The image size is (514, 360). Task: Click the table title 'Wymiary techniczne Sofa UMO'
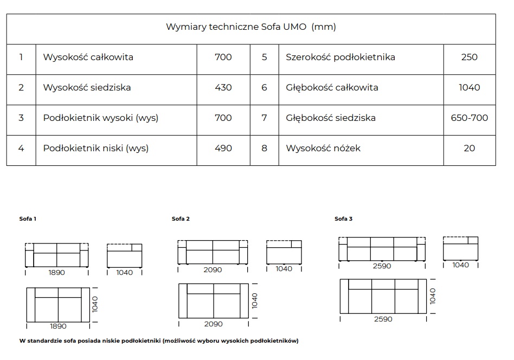tap(236, 27)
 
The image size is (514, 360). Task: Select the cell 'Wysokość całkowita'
tap(88, 57)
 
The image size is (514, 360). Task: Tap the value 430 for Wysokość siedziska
tap(223, 87)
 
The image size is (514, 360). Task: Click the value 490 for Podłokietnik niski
tap(223, 148)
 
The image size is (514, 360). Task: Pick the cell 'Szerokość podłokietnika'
tap(340, 57)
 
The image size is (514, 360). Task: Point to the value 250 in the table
tap(470, 57)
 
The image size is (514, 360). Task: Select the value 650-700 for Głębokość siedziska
tap(470, 118)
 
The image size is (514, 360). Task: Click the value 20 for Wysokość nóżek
tap(470, 148)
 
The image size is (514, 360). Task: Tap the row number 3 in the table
tap(21, 118)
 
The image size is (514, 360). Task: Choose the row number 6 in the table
tap(264, 87)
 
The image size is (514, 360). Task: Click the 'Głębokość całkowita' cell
tap(332, 87)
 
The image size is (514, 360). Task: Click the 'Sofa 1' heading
tap(28, 218)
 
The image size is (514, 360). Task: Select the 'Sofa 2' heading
tap(181, 218)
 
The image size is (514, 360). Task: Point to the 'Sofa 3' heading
tap(344, 218)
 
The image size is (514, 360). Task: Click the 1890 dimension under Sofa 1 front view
tap(57, 273)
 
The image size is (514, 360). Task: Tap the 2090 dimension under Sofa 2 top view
tap(214, 324)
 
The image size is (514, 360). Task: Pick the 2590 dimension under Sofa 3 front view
tap(382, 266)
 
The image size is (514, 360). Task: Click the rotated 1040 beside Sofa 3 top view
tap(433, 296)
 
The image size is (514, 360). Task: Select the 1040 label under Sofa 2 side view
tap(284, 269)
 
